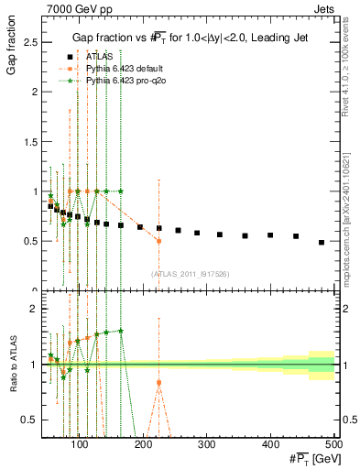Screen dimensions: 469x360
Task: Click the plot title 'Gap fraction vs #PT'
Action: [191, 36]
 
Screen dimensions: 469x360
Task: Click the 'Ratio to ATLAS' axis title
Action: [12, 364]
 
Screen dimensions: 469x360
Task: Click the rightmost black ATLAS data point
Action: [321, 243]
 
